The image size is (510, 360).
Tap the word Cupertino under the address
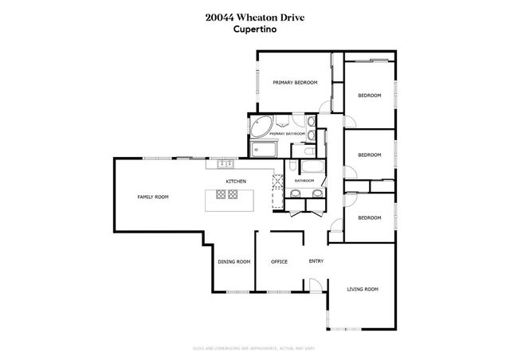[255, 31]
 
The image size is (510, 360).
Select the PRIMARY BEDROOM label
[295, 82]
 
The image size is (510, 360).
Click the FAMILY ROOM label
[153, 197]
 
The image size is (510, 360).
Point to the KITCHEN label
[235, 182]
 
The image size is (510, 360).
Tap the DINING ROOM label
[234, 261]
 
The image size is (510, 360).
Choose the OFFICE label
[279, 261]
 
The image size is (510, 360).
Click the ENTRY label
[316, 261]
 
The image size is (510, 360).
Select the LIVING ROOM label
[362, 289]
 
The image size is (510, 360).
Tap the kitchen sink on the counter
[225, 164]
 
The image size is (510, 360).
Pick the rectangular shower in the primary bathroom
[262, 149]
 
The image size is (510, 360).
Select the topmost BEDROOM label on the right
[369, 96]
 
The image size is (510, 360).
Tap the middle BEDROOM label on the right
[369, 155]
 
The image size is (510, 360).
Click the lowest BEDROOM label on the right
[369, 217]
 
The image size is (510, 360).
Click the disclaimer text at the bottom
[255, 347]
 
